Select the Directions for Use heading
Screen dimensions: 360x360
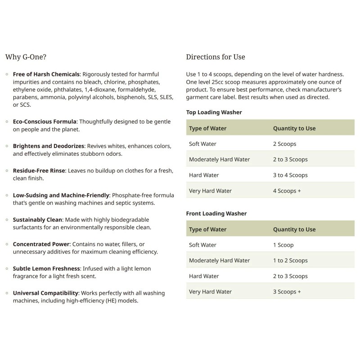coord(216,57)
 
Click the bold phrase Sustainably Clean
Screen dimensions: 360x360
coord(40,220)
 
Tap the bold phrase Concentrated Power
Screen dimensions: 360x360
coord(42,244)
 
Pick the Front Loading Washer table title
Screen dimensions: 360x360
coord(216,213)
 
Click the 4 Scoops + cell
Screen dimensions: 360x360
coord(287,191)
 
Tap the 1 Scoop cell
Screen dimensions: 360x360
coord(283,245)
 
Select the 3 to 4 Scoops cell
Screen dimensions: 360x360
coord(290,175)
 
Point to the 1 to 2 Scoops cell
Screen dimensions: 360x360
coord(290,261)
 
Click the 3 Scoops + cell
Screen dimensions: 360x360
coord(287,292)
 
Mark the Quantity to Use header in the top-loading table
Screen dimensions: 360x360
coord(294,128)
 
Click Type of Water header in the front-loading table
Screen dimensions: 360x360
coord(208,229)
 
